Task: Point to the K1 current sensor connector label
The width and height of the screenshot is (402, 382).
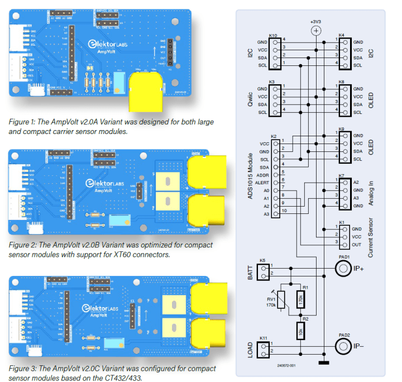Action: coord(342,222)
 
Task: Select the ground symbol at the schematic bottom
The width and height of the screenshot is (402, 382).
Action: coord(323,364)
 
